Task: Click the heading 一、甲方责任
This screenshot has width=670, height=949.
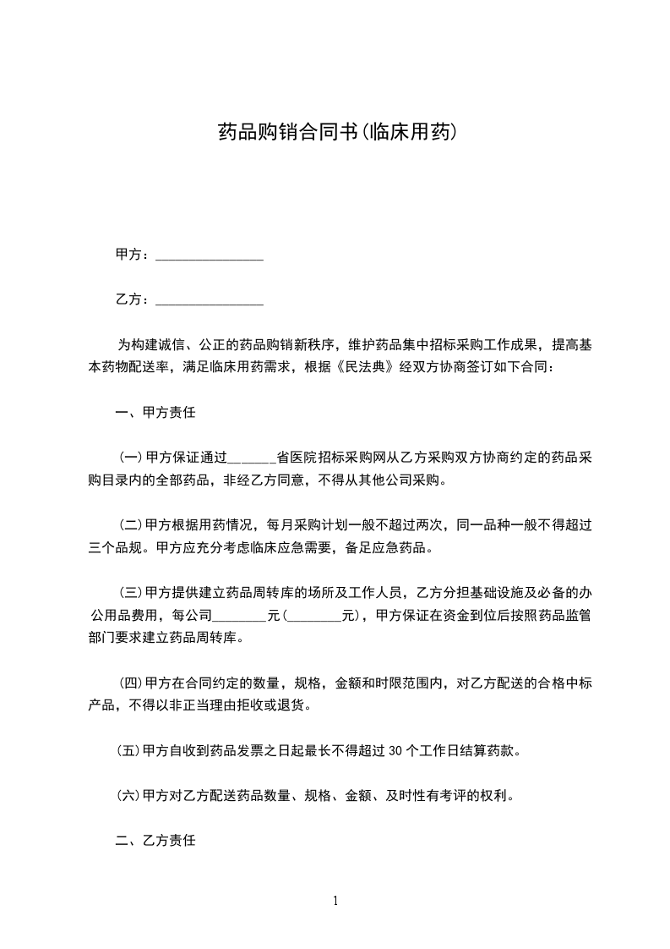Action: pyautogui.click(x=155, y=414)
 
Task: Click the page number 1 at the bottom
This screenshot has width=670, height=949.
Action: pyautogui.click(x=335, y=901)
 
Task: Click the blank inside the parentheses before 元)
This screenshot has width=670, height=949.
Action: pyautogui.click(x=315, y=617)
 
